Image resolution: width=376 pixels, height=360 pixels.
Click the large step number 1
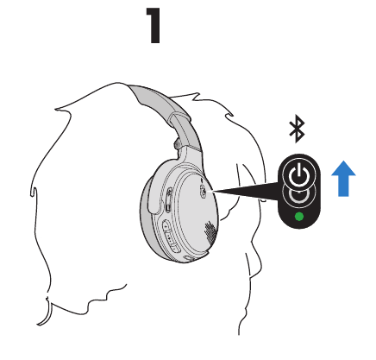tap(154, 25)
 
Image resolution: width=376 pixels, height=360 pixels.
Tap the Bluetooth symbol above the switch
tap(297, 129)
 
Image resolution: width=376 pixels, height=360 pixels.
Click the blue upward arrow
tap(343, 179)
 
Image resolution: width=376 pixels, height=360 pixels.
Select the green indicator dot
tap(299, 217)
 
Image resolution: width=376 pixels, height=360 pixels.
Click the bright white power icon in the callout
tap(299, 174)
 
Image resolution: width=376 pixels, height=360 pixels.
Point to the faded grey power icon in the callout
tap(299, 195)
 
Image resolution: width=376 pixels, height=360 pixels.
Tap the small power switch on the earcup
tap(203, 191)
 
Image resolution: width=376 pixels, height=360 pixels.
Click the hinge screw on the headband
tap(177, 144)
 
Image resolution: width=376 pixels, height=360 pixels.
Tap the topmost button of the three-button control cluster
tap(166, 226)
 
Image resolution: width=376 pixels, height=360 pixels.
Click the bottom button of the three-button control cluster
tap(175, 246)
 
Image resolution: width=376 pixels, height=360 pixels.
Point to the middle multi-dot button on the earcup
tap(171, 237)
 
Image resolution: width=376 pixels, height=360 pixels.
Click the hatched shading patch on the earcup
tap(210, 232)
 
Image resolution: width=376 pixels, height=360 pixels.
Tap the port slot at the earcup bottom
tap(191, 258)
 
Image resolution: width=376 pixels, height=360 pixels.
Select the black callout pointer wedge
tap(245, 191)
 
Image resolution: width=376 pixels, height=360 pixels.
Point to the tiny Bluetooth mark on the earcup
tap(203, 180)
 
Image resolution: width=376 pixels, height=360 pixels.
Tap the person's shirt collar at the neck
tap(253, 266)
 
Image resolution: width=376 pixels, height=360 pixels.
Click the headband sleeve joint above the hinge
tap(179, 118)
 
